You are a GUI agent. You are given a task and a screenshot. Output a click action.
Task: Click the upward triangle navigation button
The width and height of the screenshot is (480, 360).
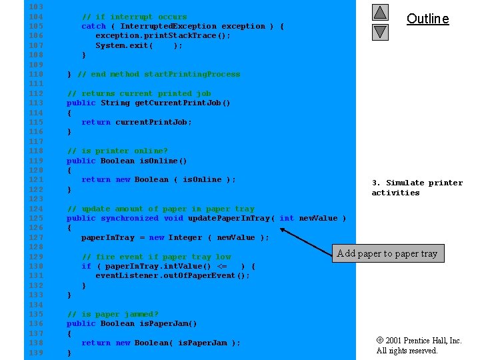380,12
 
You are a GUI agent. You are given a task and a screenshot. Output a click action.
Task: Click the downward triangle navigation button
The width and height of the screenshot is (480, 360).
380,31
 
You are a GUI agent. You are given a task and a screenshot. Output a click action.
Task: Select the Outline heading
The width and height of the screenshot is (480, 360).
427,19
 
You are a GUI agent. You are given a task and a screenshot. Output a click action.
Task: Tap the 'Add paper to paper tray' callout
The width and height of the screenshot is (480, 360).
387,253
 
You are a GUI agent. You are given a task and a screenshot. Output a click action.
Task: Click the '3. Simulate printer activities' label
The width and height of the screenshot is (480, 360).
417,187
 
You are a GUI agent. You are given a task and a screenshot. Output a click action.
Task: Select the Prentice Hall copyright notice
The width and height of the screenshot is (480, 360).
419,345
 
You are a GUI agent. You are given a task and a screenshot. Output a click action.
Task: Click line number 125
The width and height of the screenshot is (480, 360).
36,218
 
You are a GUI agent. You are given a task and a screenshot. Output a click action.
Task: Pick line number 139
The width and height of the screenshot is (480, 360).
36,353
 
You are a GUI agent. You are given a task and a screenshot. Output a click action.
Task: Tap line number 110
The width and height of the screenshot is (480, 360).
36,74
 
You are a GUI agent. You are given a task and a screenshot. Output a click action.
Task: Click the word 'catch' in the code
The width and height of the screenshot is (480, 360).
93,26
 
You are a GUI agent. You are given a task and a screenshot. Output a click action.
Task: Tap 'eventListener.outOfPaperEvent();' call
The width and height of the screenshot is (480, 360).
173,276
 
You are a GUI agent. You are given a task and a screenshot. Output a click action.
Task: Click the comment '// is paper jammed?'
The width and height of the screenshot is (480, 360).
113,314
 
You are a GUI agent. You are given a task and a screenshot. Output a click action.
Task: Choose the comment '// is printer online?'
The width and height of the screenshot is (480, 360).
117,151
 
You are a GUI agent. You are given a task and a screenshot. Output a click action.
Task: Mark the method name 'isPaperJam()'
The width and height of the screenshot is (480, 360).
167,324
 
